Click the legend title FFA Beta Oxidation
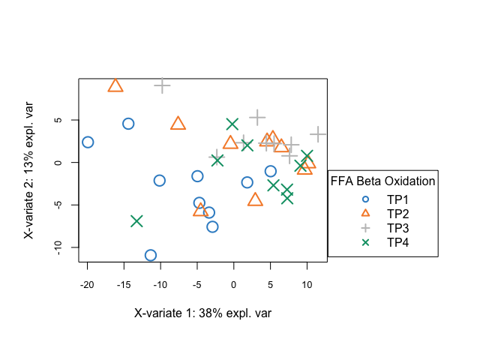[x=383, y=181]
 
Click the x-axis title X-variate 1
[x=202, y=313]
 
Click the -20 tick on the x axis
[x=87, y=284]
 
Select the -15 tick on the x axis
[x=124, y=284]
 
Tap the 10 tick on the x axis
[x=307, y=284]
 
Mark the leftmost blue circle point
[x=88, y=142]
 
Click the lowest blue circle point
[x=151, y=256]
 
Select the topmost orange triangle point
[x=115, y=85]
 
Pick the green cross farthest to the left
[x=136, y=221]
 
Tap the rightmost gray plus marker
[x=319, y=134]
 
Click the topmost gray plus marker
[x=162, y=85]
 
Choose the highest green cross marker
[x=232, y=124]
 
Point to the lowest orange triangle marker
[x=200, y=209]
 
